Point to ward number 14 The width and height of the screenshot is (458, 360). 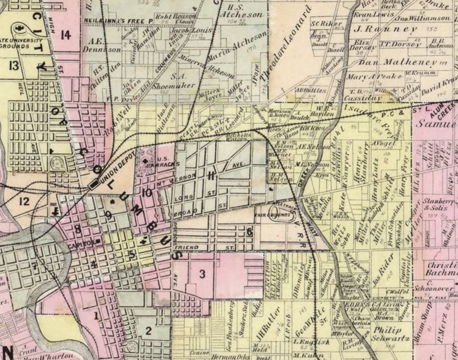tap(65, 35)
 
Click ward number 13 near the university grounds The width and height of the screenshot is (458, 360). tap(14, 65)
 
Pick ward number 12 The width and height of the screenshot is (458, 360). tap(25, 200)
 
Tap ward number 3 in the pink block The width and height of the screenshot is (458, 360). tap(202, 274)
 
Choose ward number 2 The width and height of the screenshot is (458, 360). tap(148, 331)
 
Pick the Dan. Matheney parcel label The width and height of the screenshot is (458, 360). tap(397, 62)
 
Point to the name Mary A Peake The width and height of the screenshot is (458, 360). tap(374, 76)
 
